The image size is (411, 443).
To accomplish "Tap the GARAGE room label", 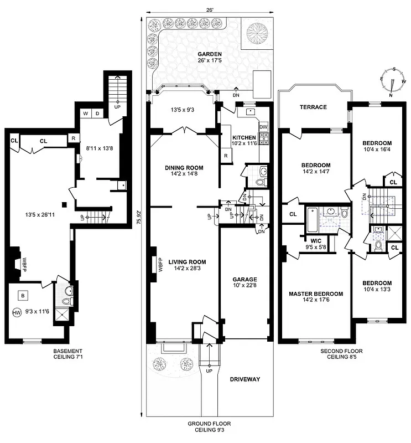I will pos(244,280).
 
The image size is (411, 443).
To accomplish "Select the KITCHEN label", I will pos(244,137).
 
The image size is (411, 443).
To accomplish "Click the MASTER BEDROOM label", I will pos(315,293).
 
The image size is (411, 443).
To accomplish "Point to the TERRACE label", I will pos(313,107).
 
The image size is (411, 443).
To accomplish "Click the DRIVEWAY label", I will pos(245,379).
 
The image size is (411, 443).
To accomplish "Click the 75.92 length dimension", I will pos(138,217).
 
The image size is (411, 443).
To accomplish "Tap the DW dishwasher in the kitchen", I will pos(263,126).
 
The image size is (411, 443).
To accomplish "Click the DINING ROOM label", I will pos(184,168).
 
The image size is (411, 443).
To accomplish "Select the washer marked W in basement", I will pos(86,114).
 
